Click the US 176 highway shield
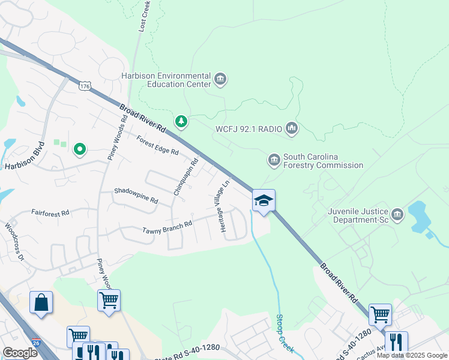point(85,86)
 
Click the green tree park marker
point(181,122)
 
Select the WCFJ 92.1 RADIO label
point(248,128)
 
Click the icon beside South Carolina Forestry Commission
point(274,160)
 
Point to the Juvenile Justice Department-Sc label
point(358,215)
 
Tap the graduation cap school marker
point(264,201)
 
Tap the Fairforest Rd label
point(50,212)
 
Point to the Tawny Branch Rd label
point(167,227)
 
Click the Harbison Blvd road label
point(25,155)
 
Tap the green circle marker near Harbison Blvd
point(79,149)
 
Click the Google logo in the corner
point(20,353)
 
